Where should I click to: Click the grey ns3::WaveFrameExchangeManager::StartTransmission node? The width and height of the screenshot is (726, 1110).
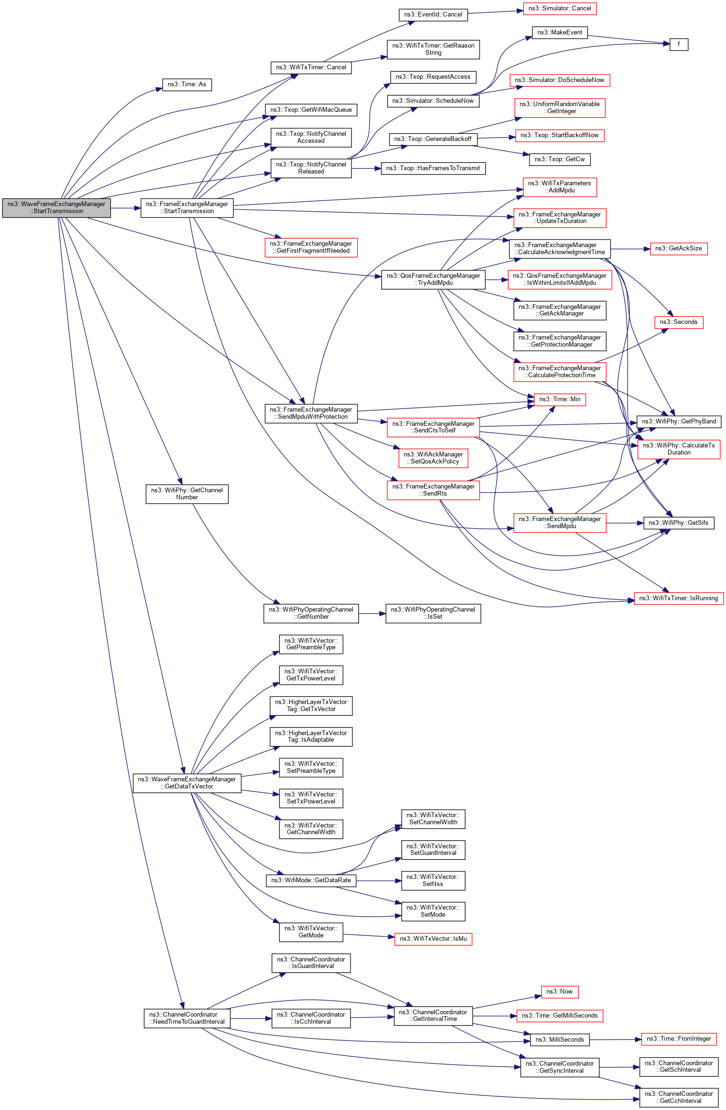pyautogui.click(x=56, y=207)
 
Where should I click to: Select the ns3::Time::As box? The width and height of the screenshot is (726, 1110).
pyautogui.click(x=187, y=84)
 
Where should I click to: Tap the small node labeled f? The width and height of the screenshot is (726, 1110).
pyautogui.click(x=678, y=44)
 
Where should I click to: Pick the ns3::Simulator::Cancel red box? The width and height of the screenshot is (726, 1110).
pyautogui.click(x=559, y=8)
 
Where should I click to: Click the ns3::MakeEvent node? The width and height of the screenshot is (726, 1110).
pyautogui.click(x=560, y=33)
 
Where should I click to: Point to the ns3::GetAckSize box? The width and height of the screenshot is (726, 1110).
pyautogui.click(x=678, y=249)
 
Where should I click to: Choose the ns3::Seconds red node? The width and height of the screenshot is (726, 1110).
pyautogui.click(x=678, y=322)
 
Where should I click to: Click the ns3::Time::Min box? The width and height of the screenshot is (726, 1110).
pyautogui.click(x=559, y=399)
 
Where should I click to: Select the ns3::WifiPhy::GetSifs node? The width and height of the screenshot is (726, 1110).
pyautogui.click(x=678, y=523)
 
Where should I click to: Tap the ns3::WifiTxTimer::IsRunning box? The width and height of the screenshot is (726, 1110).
pyautogui.click(x=678, y=598)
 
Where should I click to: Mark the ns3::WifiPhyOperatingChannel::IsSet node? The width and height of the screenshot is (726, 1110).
pyautogui.click(x=433, y=613)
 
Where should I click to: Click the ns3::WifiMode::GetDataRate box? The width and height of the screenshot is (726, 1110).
pyautogui.click(x=311, y=880)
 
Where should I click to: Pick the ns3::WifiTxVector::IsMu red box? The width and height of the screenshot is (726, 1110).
pyautogui.click(x=433, y=939)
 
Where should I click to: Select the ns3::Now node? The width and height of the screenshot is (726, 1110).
pyautogui.click(x=559, y=992)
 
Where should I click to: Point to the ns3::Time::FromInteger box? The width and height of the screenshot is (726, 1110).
pyautogui.click(x=678, y=1039)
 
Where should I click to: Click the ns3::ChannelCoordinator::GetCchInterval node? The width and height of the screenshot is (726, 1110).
pyautogui.click(x=678, y=1097)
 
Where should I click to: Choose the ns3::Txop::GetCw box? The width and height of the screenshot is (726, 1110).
pyautogui.click(x=559, y=159)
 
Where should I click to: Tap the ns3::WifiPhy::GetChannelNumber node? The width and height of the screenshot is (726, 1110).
pyautogui.click(x=187, y=494)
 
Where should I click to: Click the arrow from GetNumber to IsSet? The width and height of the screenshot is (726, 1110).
pyautogui.click(x=372, y=613)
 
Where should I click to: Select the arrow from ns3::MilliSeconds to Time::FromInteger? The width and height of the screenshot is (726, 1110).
pyautogui.click(x=615, y=1039)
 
